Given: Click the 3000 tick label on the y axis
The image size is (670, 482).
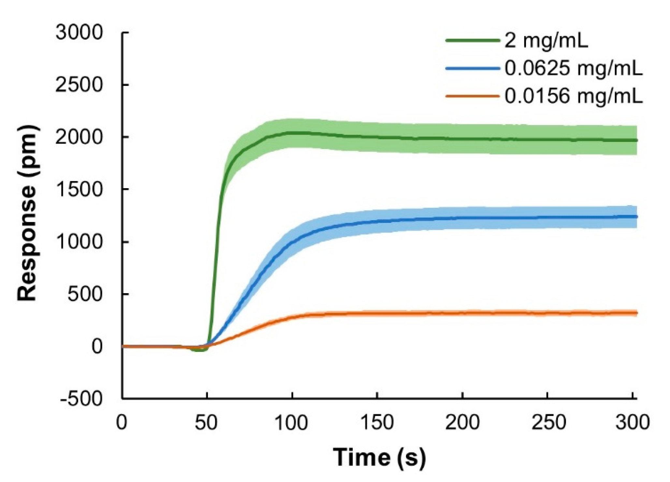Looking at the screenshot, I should click(x=79, y=33).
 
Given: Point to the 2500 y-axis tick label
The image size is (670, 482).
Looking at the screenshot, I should click(x=79, y=85).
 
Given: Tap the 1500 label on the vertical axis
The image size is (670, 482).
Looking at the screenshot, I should click(x=79, y=189).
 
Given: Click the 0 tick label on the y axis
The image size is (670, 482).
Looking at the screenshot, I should click(x=97, y=346).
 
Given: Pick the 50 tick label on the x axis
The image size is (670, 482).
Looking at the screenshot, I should click(x=206, y=423).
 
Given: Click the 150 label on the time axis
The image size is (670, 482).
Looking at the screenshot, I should click(x=377, y=423).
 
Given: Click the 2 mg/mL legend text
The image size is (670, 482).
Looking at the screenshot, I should click(x=546, y=41).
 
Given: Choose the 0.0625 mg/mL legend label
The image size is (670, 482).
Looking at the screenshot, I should click(x=574, y=69).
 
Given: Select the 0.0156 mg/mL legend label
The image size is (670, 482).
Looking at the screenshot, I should click(x=574, y=96).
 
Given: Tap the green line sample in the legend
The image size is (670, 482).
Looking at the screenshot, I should click(x=473, y=41).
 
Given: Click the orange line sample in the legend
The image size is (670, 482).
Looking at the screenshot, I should click(x=473, y=96).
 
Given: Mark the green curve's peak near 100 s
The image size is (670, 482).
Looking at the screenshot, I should click(x=293, y=132).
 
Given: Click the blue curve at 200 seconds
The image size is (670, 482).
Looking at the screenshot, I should click(x=462, y=218).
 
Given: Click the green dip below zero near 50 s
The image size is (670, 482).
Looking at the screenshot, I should click(x=199, y=350).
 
